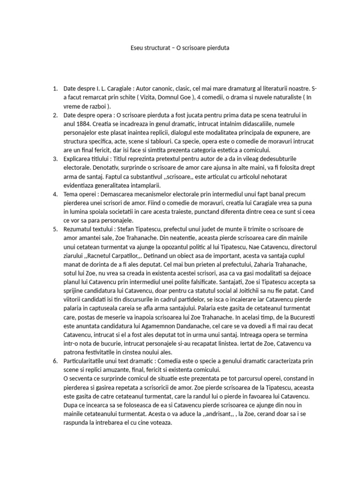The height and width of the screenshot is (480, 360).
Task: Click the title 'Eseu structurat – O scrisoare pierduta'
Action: [180, 48]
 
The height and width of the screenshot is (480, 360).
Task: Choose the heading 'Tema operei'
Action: [80, 194]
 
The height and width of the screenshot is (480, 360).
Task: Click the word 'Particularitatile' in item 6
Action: [87, 360]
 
